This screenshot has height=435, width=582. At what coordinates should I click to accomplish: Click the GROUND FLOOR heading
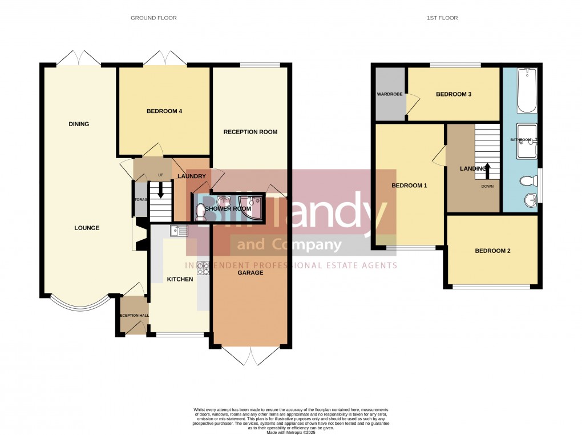[153, 18]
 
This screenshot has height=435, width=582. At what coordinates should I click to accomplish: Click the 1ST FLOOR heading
[442, 18]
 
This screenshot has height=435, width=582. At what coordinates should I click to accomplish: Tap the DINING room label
[79, 124]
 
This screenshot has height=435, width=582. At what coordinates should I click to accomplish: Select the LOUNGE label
[87, 228]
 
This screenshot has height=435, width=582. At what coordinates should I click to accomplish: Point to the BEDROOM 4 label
[164, 111]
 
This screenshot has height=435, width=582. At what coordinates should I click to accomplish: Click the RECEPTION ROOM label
[250, 132]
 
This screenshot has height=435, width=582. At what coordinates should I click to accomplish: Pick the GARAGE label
[250, 273]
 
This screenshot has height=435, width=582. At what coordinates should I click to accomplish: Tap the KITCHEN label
[180, 279]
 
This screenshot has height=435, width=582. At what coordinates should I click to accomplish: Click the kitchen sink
[179, 231]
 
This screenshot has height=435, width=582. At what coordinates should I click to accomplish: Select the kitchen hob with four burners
[203, 268]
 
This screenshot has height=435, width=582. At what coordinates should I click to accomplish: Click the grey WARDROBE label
[390, 94]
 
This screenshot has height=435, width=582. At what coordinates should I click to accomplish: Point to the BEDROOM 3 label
[454, 94]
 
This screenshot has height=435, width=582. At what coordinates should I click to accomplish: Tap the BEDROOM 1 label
[409, 186]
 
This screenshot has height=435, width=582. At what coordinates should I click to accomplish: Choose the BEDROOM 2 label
[492, 251]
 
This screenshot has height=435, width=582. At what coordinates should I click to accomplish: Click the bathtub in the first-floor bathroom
[527, 90]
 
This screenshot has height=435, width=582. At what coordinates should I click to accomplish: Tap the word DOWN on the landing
[487, 186]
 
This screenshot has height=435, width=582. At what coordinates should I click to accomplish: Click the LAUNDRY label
[191, 176]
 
